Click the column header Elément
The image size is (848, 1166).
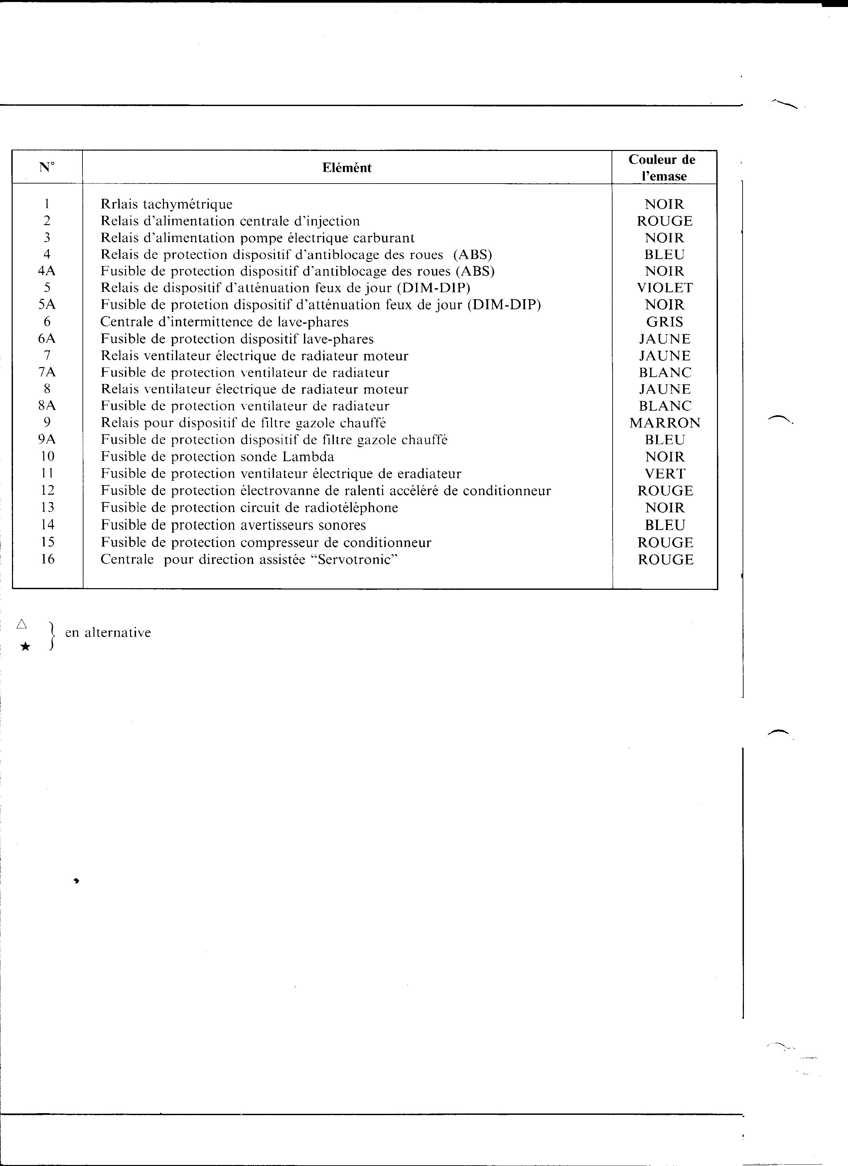coord(347,168)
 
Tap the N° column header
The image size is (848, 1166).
coord(47,167)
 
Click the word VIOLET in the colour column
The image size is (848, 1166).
coord(664,288)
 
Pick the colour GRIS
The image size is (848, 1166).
coord(664,322)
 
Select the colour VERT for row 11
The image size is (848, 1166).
coord(664,473)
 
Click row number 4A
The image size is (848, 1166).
coord(47,271)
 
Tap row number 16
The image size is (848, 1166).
coord(47,559)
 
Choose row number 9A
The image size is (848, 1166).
coord(47,440)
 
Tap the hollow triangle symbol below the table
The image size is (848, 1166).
coord(22,624)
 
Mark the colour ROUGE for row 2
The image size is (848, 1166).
coord(664,221)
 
